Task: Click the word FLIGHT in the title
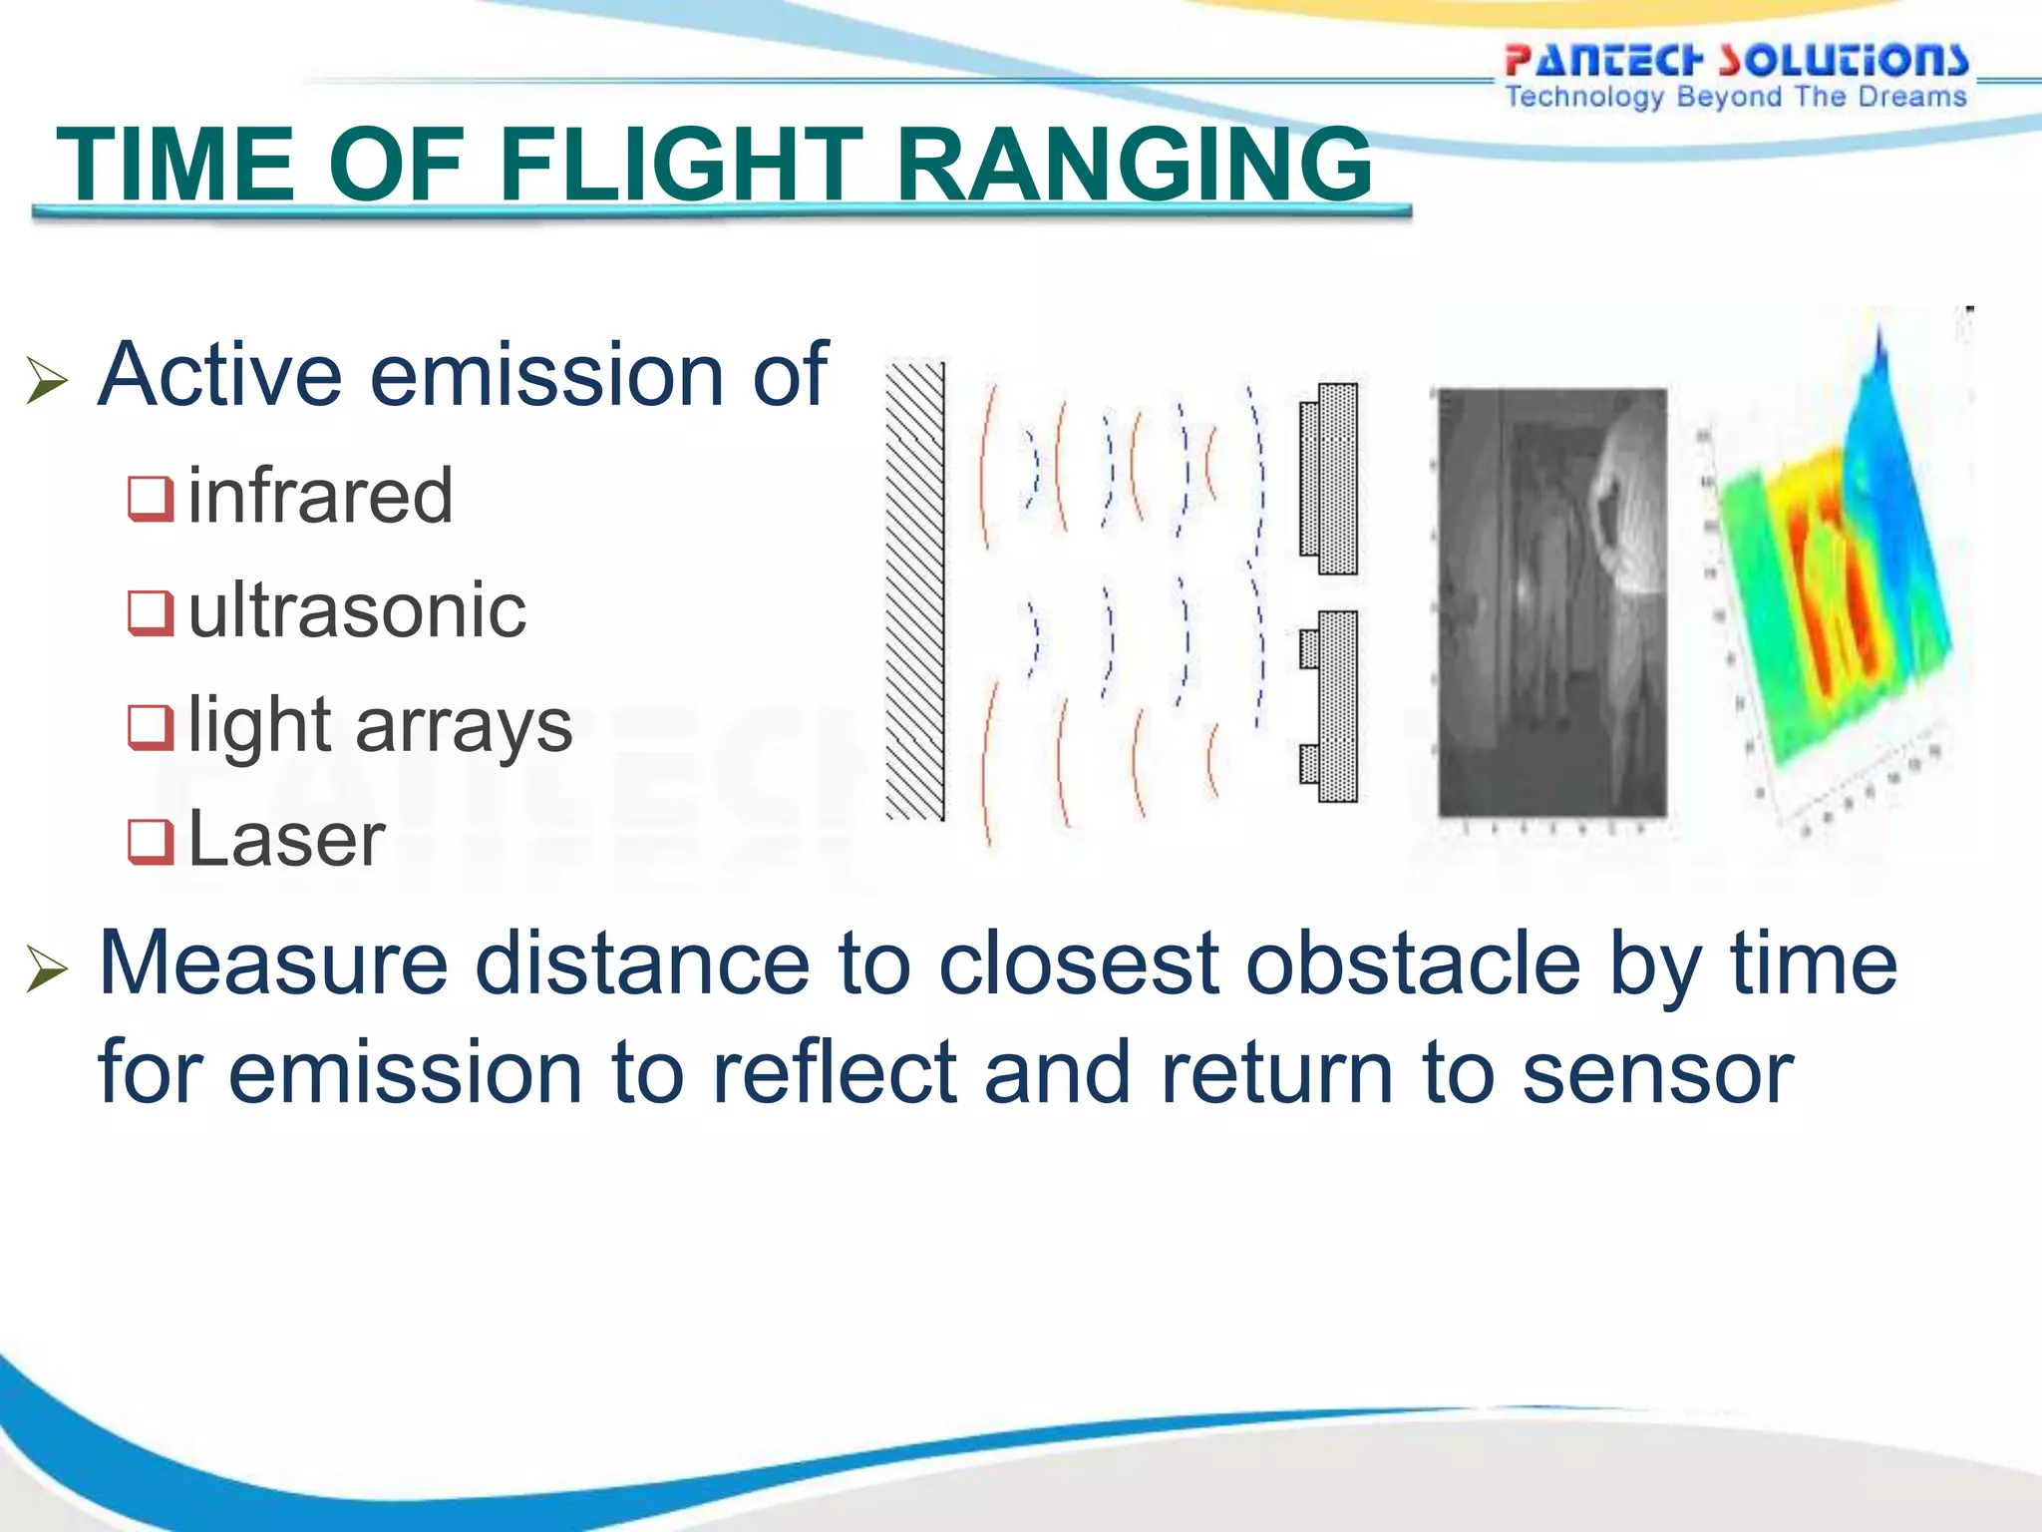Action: click(681, 165)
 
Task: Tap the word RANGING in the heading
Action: click(1134, 165)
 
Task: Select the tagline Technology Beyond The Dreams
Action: click(1736, 97)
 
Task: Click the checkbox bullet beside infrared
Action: click(151, 499)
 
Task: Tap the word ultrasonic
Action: click(356, 610)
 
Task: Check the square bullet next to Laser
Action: click(151, 841)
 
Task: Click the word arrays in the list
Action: click(464, 725)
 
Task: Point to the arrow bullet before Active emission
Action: click(47, 381)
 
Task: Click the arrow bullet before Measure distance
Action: click(47, 968)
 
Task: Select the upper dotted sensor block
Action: click(1331, 479)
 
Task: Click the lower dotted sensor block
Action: click(1331, 706)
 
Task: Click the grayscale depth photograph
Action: click(1551, 602)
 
